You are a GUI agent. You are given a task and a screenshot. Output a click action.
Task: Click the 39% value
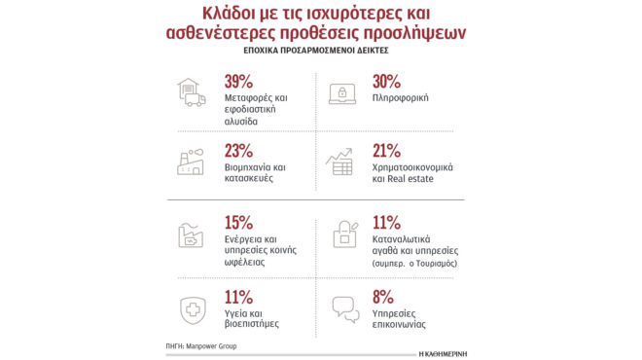point(239,81)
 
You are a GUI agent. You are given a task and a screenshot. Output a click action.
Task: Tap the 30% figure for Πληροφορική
point(387,81)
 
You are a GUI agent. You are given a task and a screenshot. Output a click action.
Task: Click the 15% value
point(238,222)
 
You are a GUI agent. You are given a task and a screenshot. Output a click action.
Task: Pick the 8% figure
point(382,297)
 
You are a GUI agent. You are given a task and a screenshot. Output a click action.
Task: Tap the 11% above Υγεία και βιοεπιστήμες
point(238,297)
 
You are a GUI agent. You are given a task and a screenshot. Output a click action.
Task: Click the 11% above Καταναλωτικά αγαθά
point(386,222)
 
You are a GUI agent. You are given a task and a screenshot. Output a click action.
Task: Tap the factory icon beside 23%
point(191,162)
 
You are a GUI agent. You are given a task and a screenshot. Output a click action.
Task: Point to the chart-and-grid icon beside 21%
point(341,162)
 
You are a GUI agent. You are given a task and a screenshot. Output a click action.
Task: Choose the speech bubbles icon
point(345,308)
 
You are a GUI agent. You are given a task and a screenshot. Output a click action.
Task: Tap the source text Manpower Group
point(211,345)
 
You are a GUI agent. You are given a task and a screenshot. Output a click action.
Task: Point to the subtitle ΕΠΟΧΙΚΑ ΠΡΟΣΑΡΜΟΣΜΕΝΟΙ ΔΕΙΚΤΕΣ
point(320,48)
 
